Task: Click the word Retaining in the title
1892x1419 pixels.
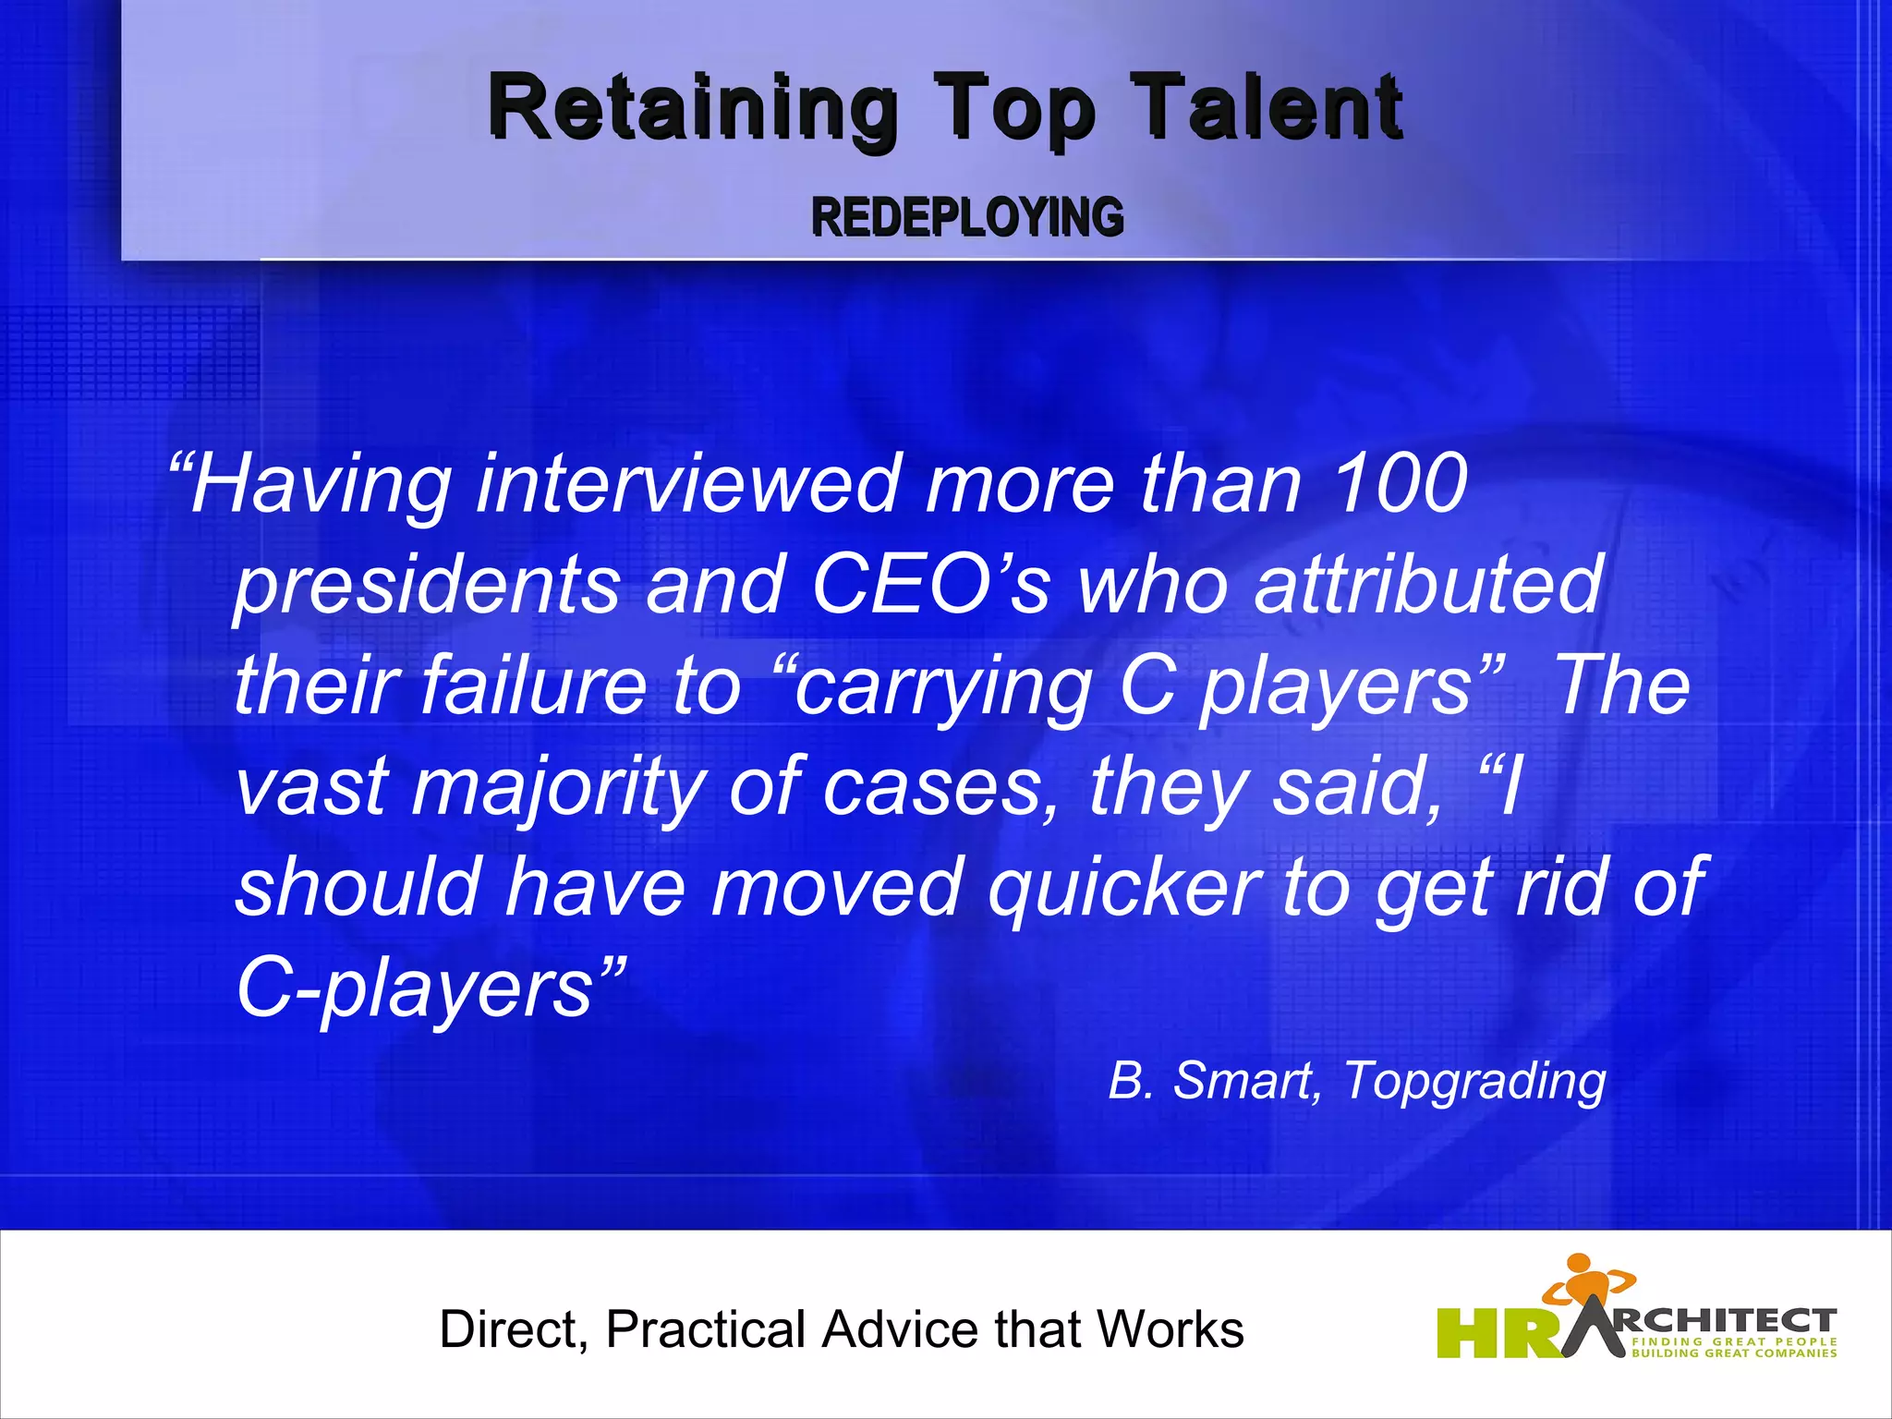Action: (693, 109)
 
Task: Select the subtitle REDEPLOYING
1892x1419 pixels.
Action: (967, 218)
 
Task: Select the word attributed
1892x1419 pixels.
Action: (1428, 584)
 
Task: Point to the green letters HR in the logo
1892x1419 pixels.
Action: (1497, 1333)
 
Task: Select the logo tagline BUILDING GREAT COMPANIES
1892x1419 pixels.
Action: (1734, 1353)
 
